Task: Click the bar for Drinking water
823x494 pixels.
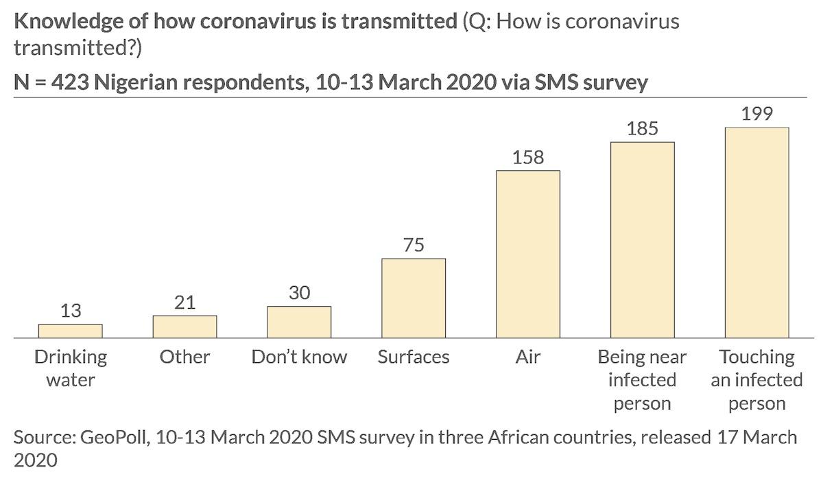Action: [x=71, y=331]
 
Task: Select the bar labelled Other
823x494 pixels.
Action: [x=184, y=327]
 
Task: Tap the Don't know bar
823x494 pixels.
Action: [x=299, y=322]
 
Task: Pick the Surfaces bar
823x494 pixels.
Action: [x=414, y=298]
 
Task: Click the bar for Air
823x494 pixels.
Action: [x=527, y=255]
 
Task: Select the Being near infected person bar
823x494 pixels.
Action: [x=642, y=240]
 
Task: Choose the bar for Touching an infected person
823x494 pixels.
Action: [x=756, y=233]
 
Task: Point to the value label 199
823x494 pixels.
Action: [x=756, y=113]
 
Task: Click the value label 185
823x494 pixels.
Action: [x=642, y=128]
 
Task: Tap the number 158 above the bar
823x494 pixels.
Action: [x=528, y=157]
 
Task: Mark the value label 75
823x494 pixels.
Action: [x=414, y=245]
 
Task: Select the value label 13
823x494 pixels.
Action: [x=71, y=311]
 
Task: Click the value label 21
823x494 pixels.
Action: [x=184, y=302]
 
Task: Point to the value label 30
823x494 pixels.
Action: [x=299, y=293]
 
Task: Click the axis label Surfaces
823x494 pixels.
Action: [x=414, y=357]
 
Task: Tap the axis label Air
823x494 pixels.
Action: [x=527, y=357]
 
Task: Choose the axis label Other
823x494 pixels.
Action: [x=184, y=357]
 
